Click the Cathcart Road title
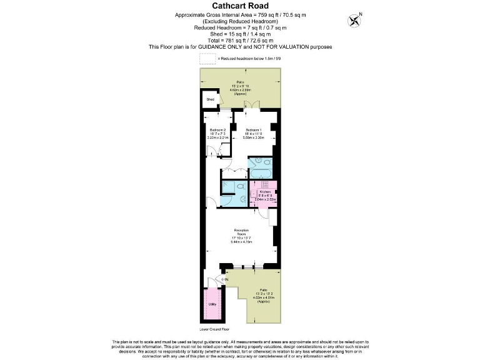pos(240,6)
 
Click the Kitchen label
pos(265,192)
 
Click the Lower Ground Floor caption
pos(215,328)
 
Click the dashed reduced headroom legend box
pos(207,59)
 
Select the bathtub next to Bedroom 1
pos(261,164)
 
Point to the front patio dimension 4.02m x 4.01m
pos(262,297)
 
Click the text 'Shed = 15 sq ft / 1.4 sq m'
pos(240,34)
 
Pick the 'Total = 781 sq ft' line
pos(240,40)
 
